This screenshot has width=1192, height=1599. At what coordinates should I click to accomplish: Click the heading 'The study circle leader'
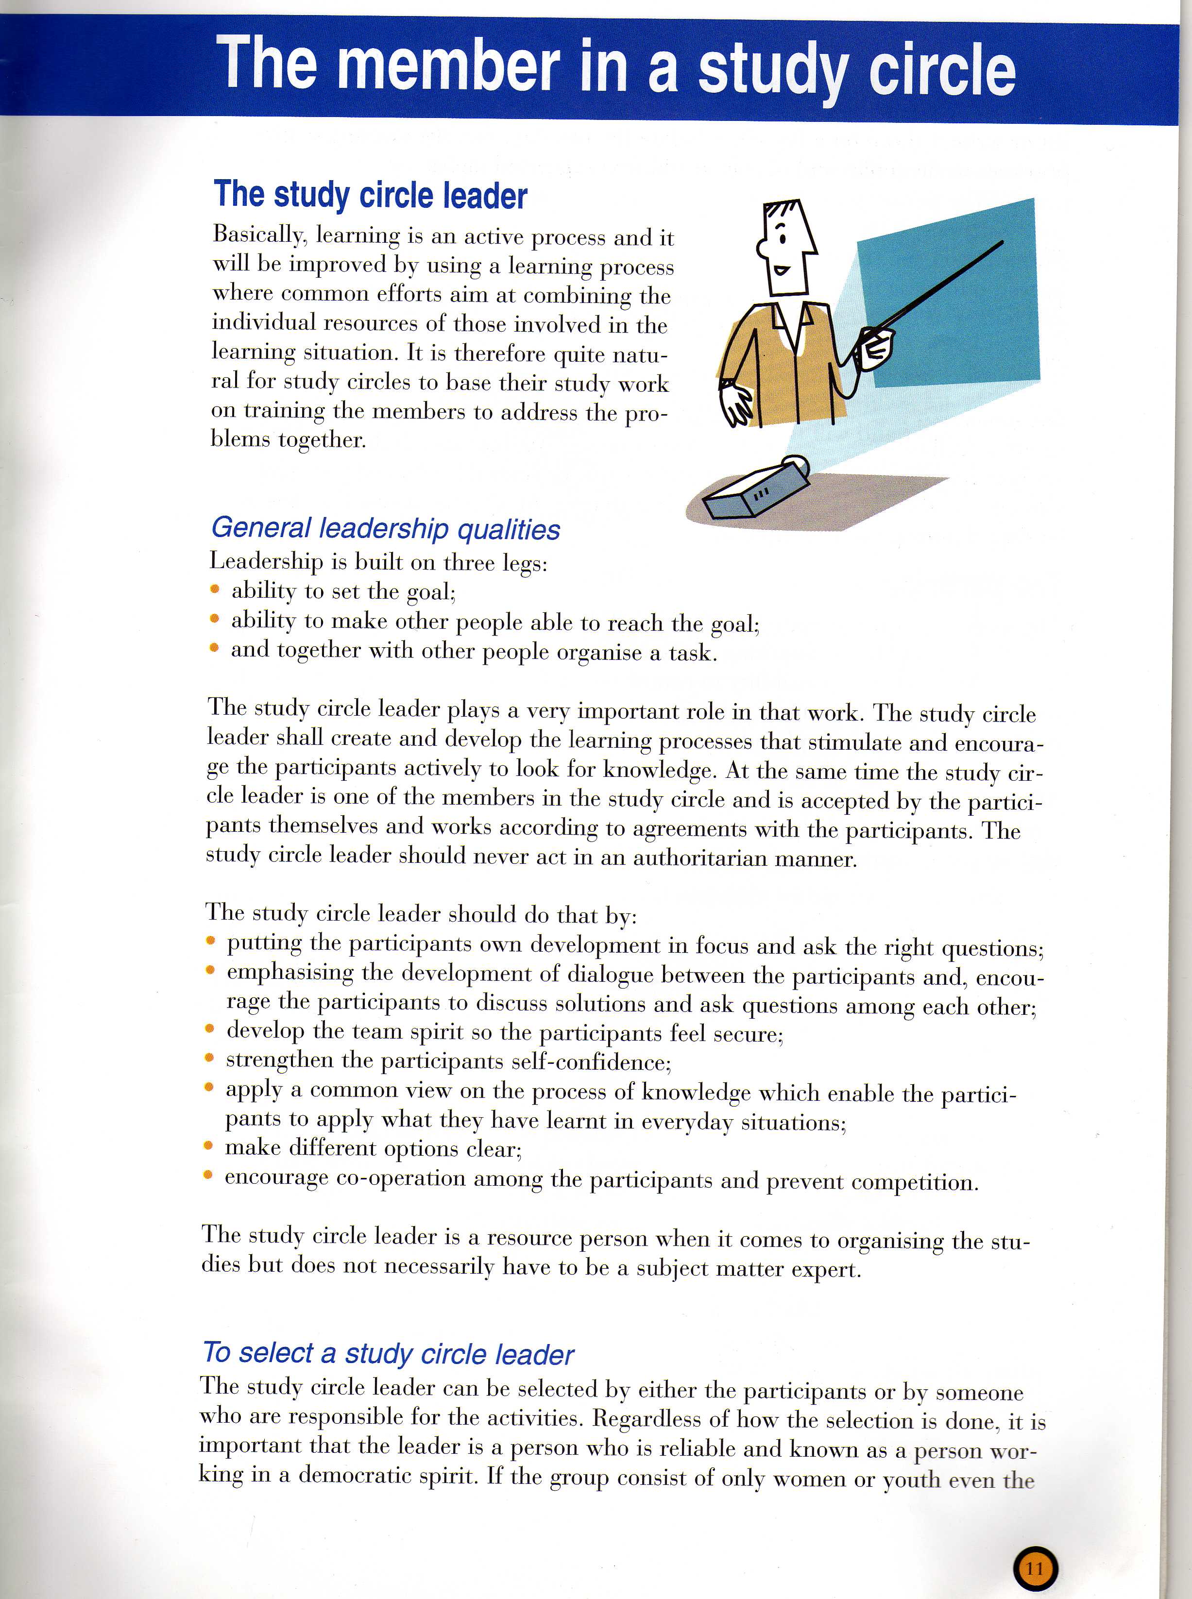point(370,195)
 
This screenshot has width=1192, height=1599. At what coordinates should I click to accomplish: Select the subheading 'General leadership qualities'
point(385,529)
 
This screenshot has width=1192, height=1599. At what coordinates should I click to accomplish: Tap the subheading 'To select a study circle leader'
point(388,1354)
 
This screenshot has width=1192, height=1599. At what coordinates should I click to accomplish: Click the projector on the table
point(757,490)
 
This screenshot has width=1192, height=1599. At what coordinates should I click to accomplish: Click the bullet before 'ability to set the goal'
point(214,589)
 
